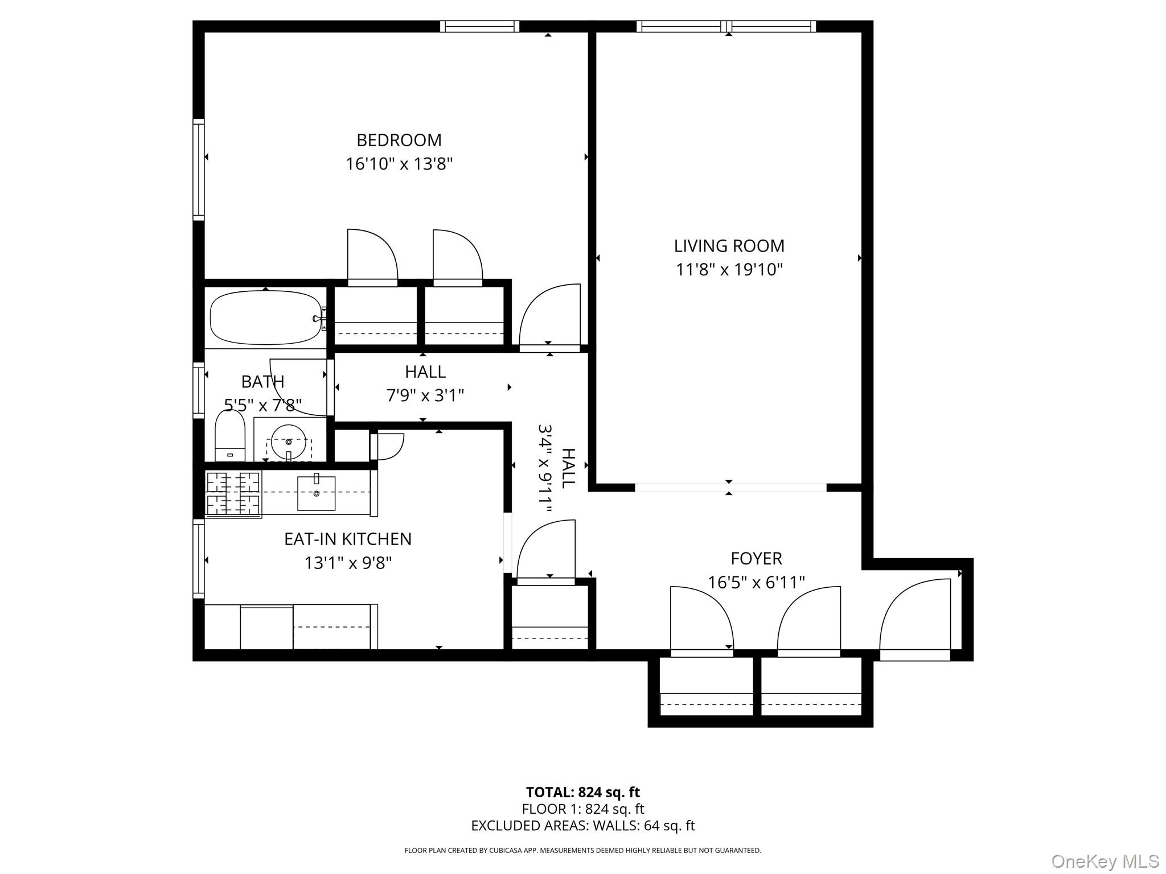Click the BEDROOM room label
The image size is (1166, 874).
399,140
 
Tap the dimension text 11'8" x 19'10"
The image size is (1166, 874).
729,270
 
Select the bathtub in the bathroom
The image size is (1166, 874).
265,318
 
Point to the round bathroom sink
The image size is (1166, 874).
289,442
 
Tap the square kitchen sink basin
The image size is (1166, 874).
316,493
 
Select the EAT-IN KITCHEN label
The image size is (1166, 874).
347,539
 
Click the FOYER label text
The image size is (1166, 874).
756,559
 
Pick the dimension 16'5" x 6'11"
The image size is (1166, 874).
756,583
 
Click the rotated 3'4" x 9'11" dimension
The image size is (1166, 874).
545,468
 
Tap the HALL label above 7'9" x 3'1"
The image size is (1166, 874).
425,372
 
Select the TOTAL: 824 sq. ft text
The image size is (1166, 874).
582,792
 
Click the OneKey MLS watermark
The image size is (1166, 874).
1105,861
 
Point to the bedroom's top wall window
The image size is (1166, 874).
479,26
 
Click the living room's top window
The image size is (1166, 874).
726,26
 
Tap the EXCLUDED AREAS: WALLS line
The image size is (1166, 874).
582,826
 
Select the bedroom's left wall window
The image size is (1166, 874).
198,170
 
